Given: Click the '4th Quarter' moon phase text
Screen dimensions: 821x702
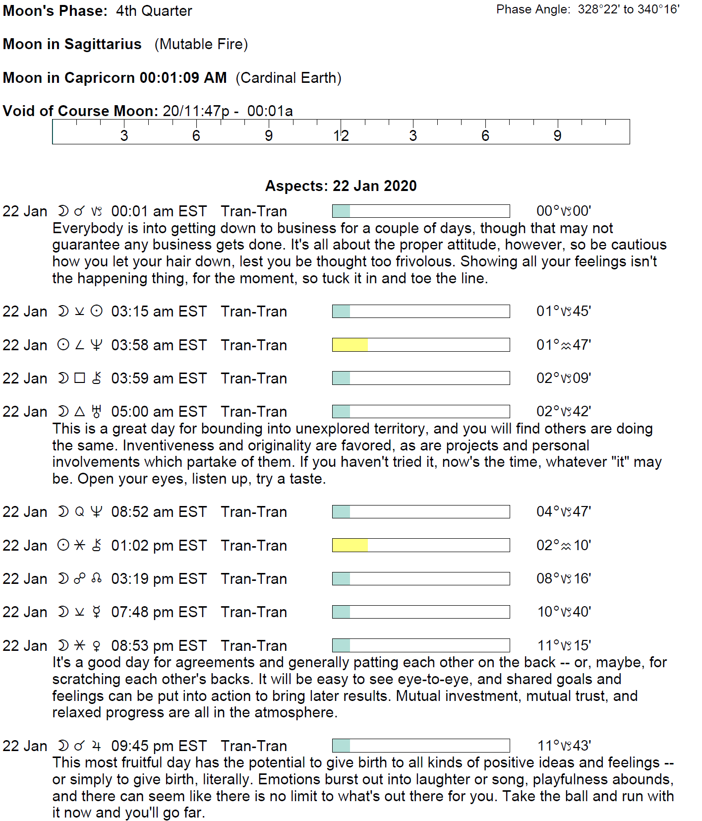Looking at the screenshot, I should (x=154, y=11).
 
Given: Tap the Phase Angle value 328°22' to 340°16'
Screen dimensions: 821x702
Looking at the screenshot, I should (x=628, y=9).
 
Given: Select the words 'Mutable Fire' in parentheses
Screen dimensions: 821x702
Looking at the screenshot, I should (x=201, y=44).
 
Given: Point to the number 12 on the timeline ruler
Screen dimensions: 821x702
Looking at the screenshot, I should (x=341, y=135).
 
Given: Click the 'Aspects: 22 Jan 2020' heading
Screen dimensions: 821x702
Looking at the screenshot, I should (x=341, y=186).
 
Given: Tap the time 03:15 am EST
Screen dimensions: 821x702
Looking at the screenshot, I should (x=159, y=312).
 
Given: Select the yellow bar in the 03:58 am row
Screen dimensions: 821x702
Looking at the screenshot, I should (x=350, y=345).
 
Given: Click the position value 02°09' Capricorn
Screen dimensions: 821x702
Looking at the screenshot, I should (x=564, y=378).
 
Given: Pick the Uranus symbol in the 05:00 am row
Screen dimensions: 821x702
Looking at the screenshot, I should (x=97, y=411).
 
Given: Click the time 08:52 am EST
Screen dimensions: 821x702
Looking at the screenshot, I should (x=159, y=512).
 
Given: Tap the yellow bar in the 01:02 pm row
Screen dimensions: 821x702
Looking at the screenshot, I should (x=350, y=545).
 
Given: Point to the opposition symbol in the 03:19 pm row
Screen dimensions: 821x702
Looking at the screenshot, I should (x=79, y=578).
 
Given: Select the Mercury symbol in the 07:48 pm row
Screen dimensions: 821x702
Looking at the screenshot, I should (x=97, y=612).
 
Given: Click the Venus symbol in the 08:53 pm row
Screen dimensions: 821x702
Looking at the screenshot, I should (x=97, y=646).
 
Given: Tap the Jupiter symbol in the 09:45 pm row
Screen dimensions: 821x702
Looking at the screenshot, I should (x=97, y=746).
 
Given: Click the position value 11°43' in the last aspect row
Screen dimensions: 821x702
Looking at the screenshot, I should (x=564, y=746).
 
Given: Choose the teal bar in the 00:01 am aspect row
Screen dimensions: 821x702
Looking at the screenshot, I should (x=341, y=211).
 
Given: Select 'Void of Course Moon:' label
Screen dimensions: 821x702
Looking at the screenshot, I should (x=80, y=111).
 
